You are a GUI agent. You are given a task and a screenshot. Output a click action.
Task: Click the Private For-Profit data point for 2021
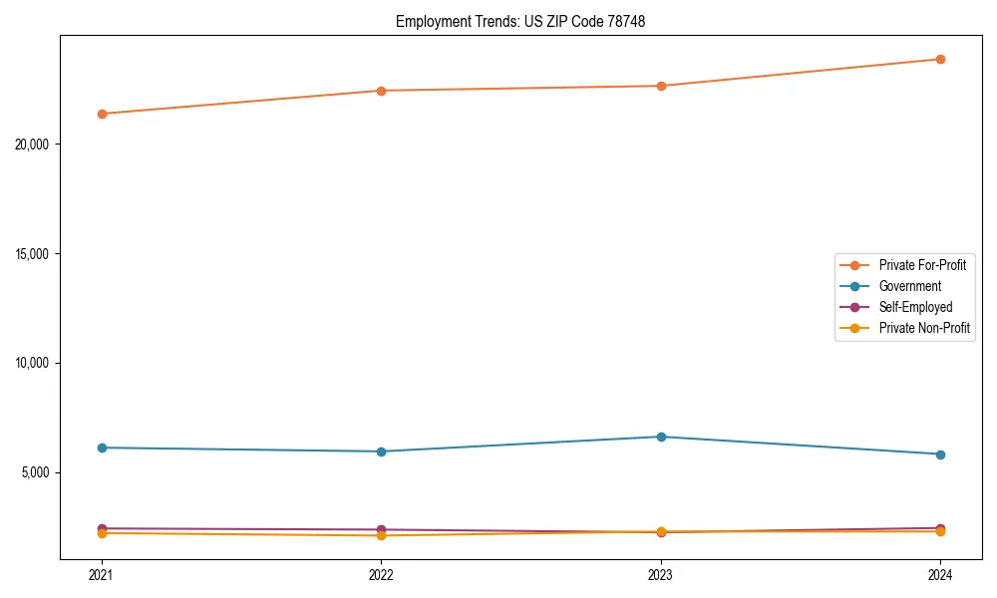click(x=102, y=114)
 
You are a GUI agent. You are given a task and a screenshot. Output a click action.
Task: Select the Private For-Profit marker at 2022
click(x=381, y=91)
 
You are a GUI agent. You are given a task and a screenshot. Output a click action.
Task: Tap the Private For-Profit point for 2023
click(x=661, y=86)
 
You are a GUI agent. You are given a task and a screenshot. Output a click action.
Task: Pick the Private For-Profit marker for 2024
click(x=940, y=59)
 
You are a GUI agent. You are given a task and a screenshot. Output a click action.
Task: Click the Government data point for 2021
click(x=102, y=448)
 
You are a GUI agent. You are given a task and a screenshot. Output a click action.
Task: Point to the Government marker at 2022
click(x=381, y=451)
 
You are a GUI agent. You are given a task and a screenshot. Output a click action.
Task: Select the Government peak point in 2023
click(x=661, y=437)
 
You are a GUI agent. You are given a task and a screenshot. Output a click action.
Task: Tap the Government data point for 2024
click(x=940, y=454)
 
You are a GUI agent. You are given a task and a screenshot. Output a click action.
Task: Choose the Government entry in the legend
click(x=909, y=286)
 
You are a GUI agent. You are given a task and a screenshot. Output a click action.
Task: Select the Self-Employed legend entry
click(x=915, y=307)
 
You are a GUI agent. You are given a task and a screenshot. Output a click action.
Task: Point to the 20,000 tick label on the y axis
click(x=39, y=145)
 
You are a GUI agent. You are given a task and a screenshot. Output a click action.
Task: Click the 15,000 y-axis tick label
click(x=39, y=253)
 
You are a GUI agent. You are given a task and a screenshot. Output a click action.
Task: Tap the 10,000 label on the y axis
click(x=39, y=363)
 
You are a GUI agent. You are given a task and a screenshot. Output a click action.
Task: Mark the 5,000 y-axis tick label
click(x=42, y=472)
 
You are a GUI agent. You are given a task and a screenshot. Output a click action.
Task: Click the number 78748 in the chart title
click(x=627, y=21)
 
